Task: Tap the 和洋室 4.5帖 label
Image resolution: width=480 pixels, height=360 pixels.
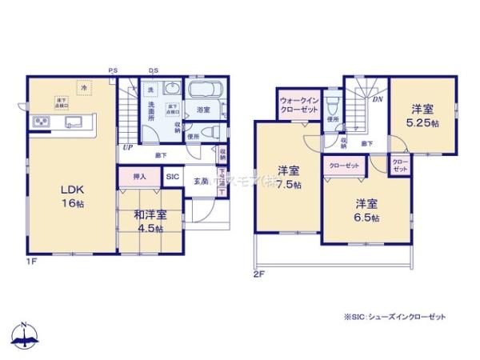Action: (x=150, y=221)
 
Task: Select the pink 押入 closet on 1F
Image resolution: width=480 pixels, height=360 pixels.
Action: (x=139, y=176)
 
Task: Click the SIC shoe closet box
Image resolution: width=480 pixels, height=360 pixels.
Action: (x=172, y=177)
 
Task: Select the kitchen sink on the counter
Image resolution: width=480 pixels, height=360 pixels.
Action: (x=74, y=123)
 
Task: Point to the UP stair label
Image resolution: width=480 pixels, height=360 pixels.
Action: (x=126, y=147)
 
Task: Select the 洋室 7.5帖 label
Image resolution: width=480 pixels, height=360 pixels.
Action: (x=289, y=177)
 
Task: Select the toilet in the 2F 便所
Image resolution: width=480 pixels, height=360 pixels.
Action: (x=334, y=104)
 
